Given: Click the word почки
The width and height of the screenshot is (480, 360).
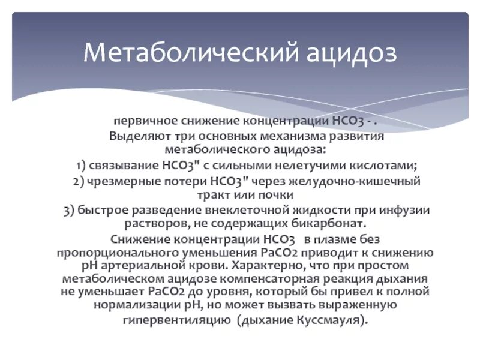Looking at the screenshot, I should pyautogui.click(x=276, y=195).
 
